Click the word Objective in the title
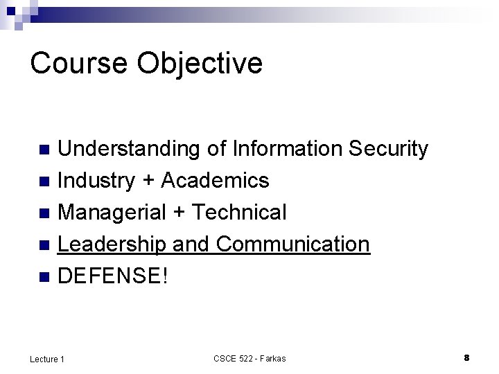(200, 64)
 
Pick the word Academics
(215, 181)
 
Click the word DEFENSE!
(113, 276)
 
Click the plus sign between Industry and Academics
(148, 181)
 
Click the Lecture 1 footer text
(47, 358)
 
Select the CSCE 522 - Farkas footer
(249, 358)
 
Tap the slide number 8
(466, 357)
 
